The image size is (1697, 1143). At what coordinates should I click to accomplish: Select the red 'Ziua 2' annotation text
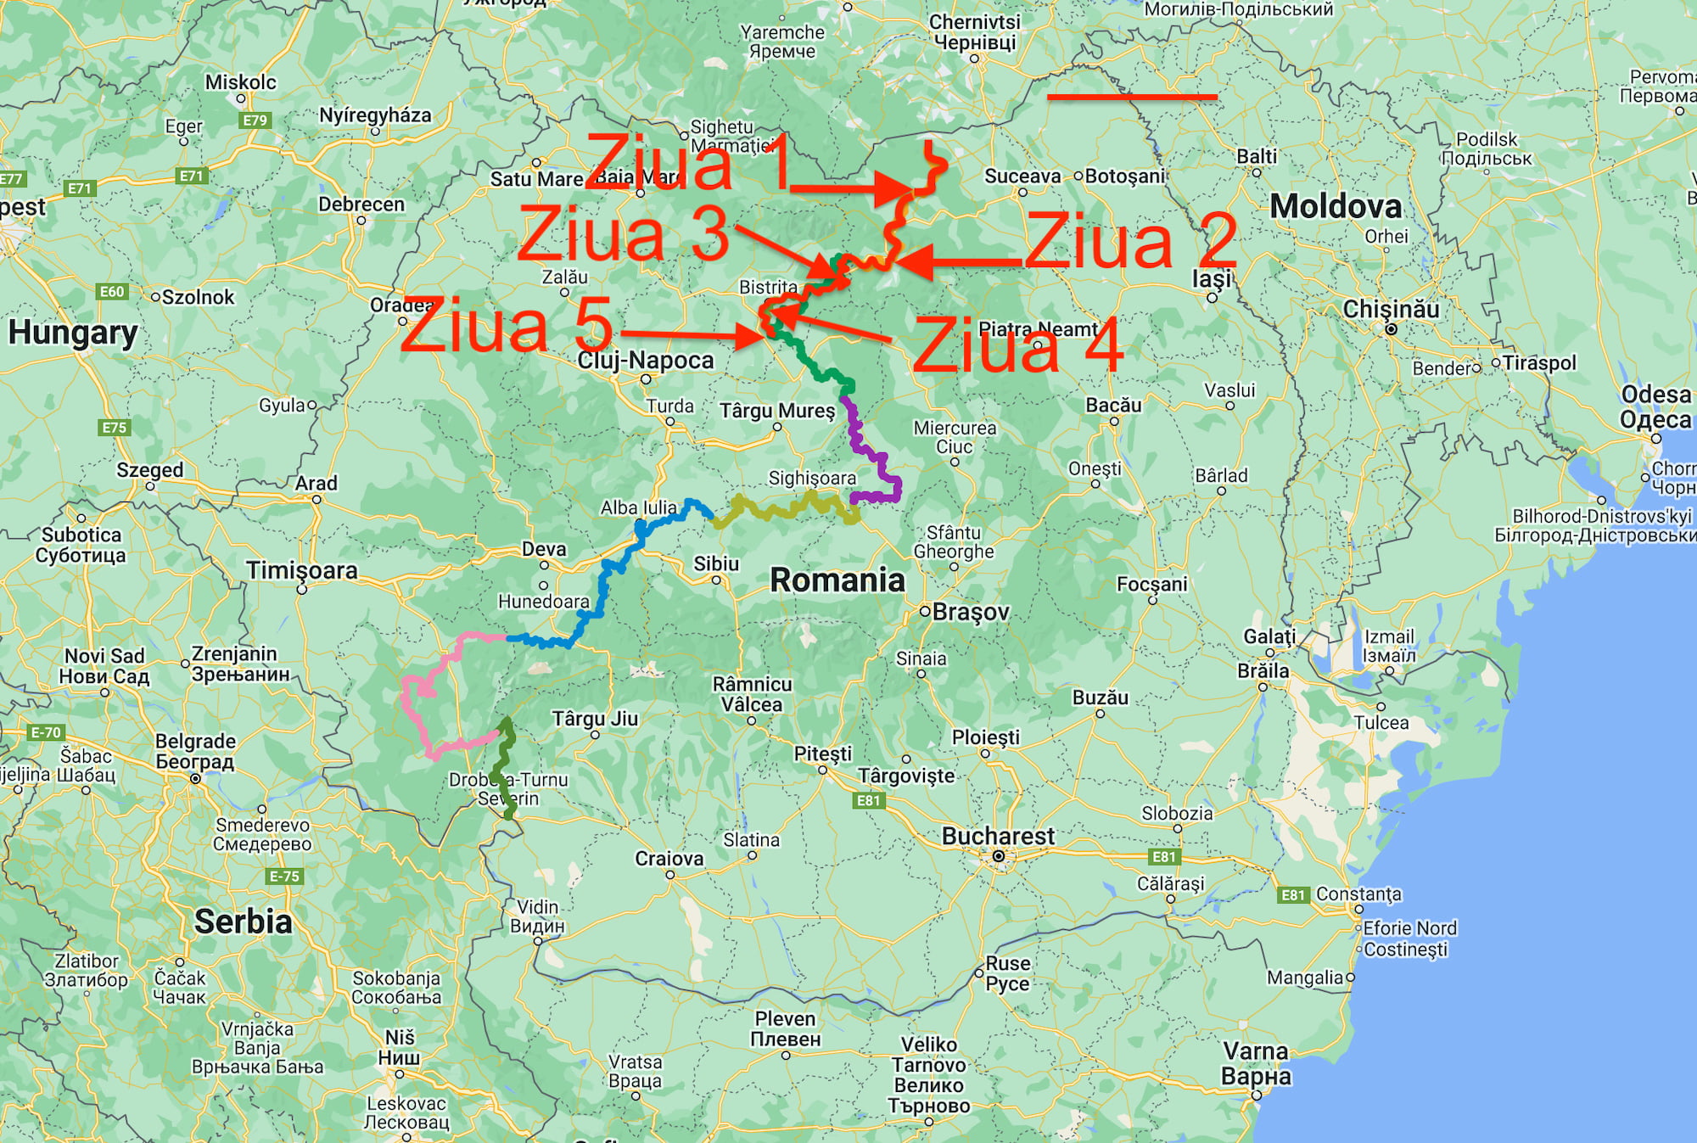coord(1131,241)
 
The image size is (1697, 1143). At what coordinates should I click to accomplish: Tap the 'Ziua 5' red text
coord(507,326)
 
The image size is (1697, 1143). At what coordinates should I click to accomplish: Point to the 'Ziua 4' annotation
coord(1018,346)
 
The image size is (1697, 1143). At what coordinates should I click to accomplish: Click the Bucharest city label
coord(998,837)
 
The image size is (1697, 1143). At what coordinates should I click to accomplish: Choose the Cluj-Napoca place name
coord(646,361)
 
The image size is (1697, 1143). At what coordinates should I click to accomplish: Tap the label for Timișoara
coord(302,570)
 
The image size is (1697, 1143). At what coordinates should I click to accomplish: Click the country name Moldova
coord(1336,206)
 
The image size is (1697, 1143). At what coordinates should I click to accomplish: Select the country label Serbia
coord(243,922)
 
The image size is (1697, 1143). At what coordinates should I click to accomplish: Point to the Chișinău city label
coord(1391,309)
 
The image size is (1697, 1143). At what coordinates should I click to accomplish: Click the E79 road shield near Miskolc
coord(255,120)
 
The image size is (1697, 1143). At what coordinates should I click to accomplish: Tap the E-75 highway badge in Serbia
coord(283,877)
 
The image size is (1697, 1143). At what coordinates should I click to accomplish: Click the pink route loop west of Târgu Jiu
coord(416,704)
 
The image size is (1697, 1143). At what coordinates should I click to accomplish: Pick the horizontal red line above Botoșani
coord(1132,98)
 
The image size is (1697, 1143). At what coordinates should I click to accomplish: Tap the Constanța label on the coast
coord(1358,894)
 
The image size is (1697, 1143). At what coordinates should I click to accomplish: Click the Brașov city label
coord(971,612)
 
